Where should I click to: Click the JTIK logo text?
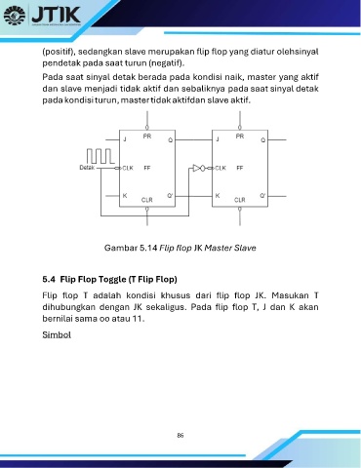click(x=56, y=14)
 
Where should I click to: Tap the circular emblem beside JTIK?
click(x=15, y=15)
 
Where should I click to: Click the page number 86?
click(x=180, y=435)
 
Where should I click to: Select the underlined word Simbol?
click(x=57, y=334)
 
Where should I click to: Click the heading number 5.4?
click(x=49, y=279)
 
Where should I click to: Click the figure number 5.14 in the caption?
click(x=148, y=248)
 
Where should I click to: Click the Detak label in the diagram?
click(x=87, y=168)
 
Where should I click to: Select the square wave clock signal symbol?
click(x=100, y=156)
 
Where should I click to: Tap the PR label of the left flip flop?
click(x=147, y=136)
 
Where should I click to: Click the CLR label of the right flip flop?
click(x=240, y=200)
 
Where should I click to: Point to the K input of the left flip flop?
click(x=125, y=196)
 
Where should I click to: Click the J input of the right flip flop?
click(x=218, y=139)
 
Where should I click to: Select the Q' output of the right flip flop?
click(x=262, y=196)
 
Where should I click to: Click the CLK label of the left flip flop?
click(x=128, y=168)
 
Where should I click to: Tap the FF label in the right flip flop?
click(x=240, y=168)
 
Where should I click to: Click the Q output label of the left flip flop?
click(x=171, y=140)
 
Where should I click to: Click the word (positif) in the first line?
click(x=59, y=52)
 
